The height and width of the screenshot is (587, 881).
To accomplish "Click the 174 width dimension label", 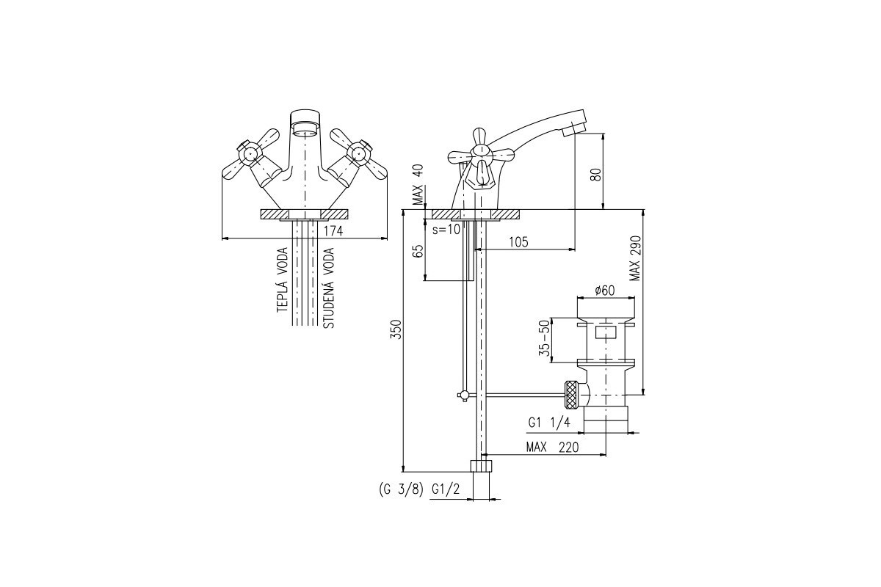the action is point(333,231).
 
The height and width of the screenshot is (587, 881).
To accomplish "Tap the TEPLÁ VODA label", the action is point(283,280).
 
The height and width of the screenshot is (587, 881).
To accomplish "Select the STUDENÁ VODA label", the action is point(328,288).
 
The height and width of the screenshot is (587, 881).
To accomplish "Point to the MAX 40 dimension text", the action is point(418,185).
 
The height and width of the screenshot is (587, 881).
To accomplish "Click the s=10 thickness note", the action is point(446,230).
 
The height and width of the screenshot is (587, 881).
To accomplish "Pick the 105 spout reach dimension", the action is point(519,242).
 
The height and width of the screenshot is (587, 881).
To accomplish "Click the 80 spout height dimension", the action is point(597,174).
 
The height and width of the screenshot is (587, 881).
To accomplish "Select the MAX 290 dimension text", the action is point(635,258).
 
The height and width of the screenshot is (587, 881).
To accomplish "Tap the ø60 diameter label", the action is point(605,291).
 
